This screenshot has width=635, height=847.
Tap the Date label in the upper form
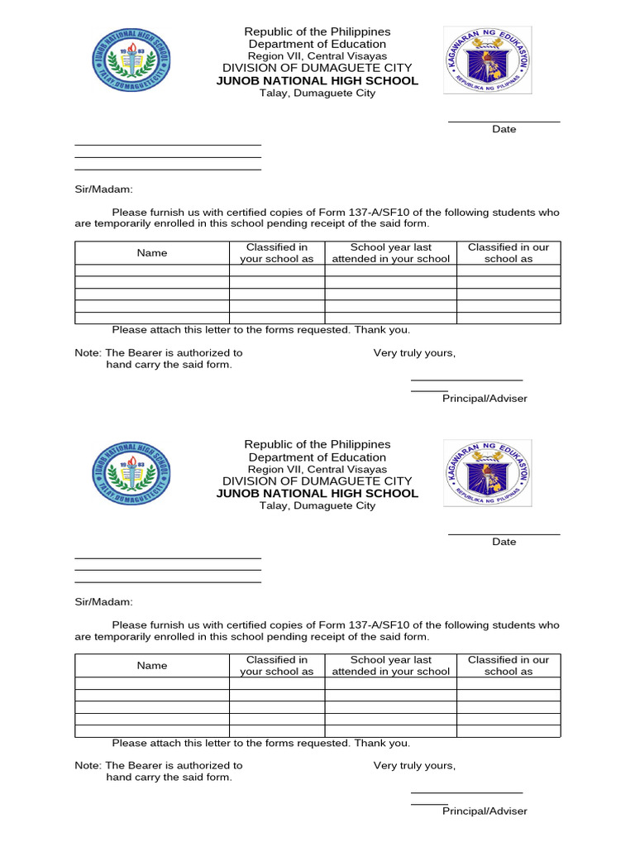tap(504, 129)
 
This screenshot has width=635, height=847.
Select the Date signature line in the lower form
tap(504, 534)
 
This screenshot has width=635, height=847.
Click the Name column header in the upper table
tap(152, 253)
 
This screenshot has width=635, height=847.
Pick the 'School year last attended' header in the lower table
tap(390, 666)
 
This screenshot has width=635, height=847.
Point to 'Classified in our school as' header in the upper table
tap(508, 253)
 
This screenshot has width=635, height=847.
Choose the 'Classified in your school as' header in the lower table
tap(277, 666)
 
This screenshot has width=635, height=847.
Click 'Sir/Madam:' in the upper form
tap(103, 189)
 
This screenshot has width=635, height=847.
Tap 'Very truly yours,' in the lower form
tap(414, 766)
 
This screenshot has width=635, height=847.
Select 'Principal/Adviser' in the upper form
tap(485, 399)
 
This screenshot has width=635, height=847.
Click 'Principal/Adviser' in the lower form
tap(485, 811)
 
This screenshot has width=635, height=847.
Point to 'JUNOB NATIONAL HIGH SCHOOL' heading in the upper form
tap(317, 81)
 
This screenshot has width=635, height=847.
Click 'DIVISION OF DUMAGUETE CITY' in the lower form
tap(317, 481)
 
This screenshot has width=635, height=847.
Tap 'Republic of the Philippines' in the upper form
tap(317, 31)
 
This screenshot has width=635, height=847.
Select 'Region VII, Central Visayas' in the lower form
tap(317, 469)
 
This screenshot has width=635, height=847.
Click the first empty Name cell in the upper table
tap(152, 270)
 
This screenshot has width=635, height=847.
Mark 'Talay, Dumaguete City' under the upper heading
tap(317, 93)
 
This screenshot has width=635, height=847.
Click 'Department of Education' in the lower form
tap(317, 457)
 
